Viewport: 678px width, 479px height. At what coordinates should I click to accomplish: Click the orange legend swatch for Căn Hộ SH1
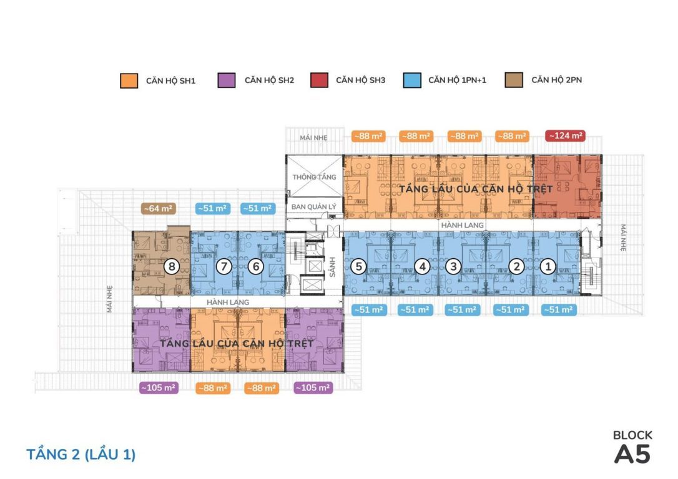tap(129, 80)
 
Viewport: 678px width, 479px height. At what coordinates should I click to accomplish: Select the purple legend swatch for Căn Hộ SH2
tap(227, 80)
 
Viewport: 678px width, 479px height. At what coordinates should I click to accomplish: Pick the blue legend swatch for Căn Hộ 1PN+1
tap(411, 80)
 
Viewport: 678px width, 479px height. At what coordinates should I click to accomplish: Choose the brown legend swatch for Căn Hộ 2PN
tap(514, 80)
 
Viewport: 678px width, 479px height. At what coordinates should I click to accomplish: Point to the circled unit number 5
tap(357, 267)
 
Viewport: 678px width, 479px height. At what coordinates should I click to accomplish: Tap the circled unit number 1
tap(547, 267)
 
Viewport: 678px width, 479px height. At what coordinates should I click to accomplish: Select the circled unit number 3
tap(453, 267)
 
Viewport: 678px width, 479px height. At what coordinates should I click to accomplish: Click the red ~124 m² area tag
tap(565, 135)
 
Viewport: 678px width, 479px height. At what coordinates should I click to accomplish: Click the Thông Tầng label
tap(314, 177)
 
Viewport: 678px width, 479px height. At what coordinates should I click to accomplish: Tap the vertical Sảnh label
tap(332, 267)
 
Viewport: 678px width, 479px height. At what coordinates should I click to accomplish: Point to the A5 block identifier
tap(632, 454)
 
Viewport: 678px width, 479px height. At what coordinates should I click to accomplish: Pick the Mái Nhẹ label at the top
tap(314, 137)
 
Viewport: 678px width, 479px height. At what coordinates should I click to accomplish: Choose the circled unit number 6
tap(255, 267)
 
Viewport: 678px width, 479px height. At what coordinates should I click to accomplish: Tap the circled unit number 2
tap(516, 267)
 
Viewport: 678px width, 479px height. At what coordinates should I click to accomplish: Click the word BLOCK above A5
tap(632, 435)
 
